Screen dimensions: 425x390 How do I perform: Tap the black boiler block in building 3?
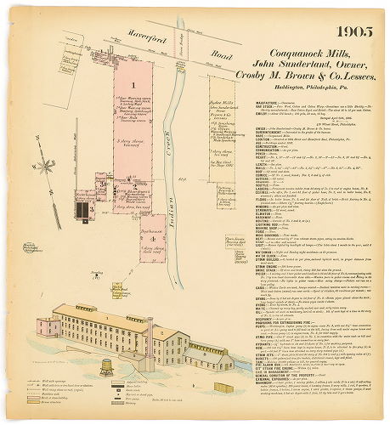pos(84,208)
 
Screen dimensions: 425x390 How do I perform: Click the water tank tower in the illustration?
pos(107,365)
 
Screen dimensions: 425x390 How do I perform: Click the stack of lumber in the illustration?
pos(223,388)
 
